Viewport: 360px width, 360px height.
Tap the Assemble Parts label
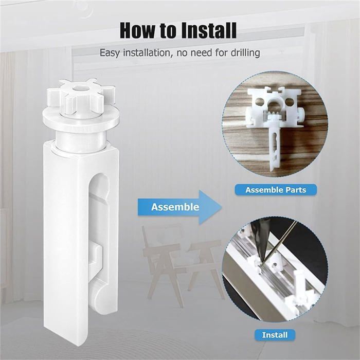tap(275, 190)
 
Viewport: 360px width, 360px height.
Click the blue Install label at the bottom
tap(275, 335)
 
